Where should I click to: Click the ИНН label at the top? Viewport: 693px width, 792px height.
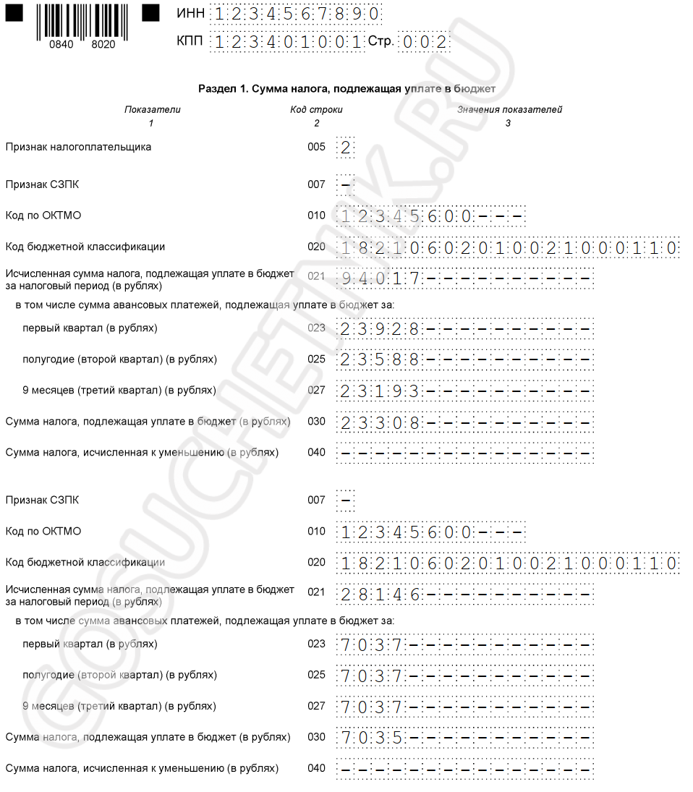pyautogui.click(x=190, y=14)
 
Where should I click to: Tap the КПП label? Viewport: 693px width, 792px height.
pyautogui.click(x=190, y=41)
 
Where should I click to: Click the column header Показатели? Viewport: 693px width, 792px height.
pyautogui.click(x=152, y=110)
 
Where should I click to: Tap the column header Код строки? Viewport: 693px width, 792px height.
pyautogui.click(x=316, y=110)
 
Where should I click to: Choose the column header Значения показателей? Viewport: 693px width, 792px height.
pyautogui.click(x=509, y=110)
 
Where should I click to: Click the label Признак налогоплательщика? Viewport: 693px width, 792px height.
pyautogui.click(x=78, y=147)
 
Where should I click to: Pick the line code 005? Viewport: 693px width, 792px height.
pyautogui.click(x=316, y=147)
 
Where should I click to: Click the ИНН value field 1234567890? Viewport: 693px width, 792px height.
pyautogui.click(x=296, y=14)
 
